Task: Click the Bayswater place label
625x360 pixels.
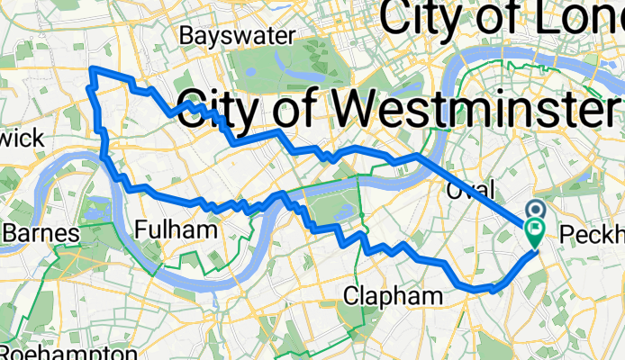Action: [x=238, y=35]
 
